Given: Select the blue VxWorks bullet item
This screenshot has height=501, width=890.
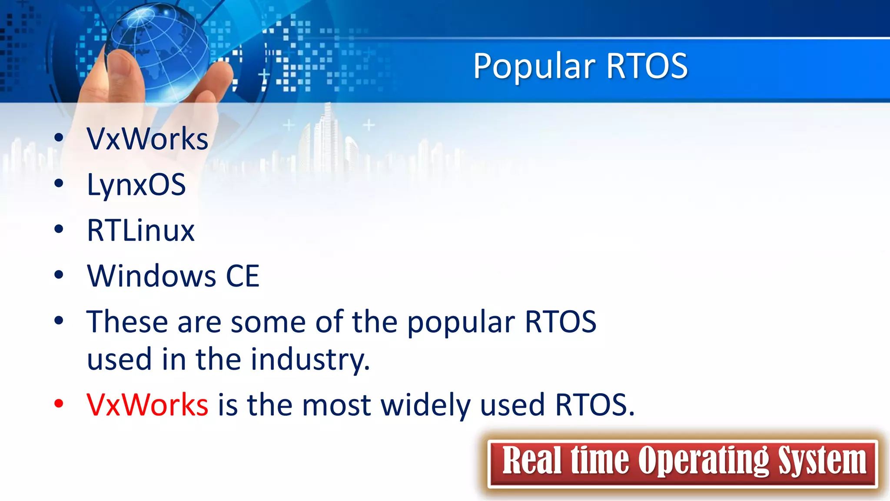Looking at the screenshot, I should click(x=147, y=139).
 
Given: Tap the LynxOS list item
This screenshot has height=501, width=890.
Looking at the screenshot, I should click(x=136, y=185).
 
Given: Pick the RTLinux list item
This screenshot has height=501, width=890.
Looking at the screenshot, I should click(x=140, y=230).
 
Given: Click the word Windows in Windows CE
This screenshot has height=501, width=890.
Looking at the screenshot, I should click(x=151, y=276).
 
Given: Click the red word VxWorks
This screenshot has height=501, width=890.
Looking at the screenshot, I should click(x=147, y=405).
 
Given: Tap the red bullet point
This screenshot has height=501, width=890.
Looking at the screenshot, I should click(x=59, y=404).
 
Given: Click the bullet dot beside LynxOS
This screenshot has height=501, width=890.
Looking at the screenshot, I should click(x=59, y=184).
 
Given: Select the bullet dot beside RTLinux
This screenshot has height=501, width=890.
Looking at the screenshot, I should click(x=59, y=229).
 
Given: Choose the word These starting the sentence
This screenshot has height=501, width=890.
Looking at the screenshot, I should click(x=127, y=322).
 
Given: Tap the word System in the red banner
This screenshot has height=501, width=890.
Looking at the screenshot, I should click(x=822, y=461).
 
